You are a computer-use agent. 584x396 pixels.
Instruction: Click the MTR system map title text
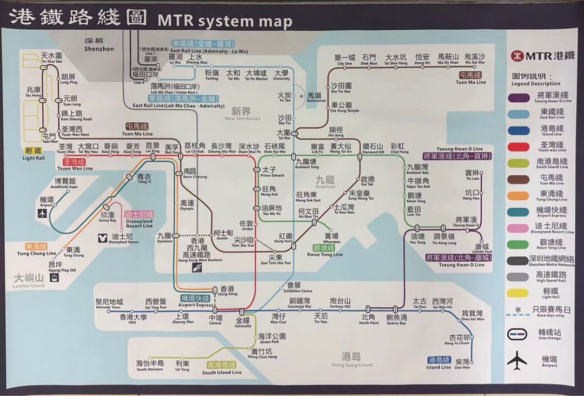224,21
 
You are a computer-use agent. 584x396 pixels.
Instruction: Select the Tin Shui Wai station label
51,58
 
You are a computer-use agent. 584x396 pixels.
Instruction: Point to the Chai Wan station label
462,364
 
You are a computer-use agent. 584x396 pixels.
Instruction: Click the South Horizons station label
150,366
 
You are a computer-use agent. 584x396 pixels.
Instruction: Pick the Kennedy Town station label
109,304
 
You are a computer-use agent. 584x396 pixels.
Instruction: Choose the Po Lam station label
472,175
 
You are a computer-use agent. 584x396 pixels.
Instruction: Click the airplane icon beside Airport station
42,213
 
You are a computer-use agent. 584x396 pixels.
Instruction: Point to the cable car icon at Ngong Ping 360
54,278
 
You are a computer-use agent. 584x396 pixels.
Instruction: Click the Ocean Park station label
269,338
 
